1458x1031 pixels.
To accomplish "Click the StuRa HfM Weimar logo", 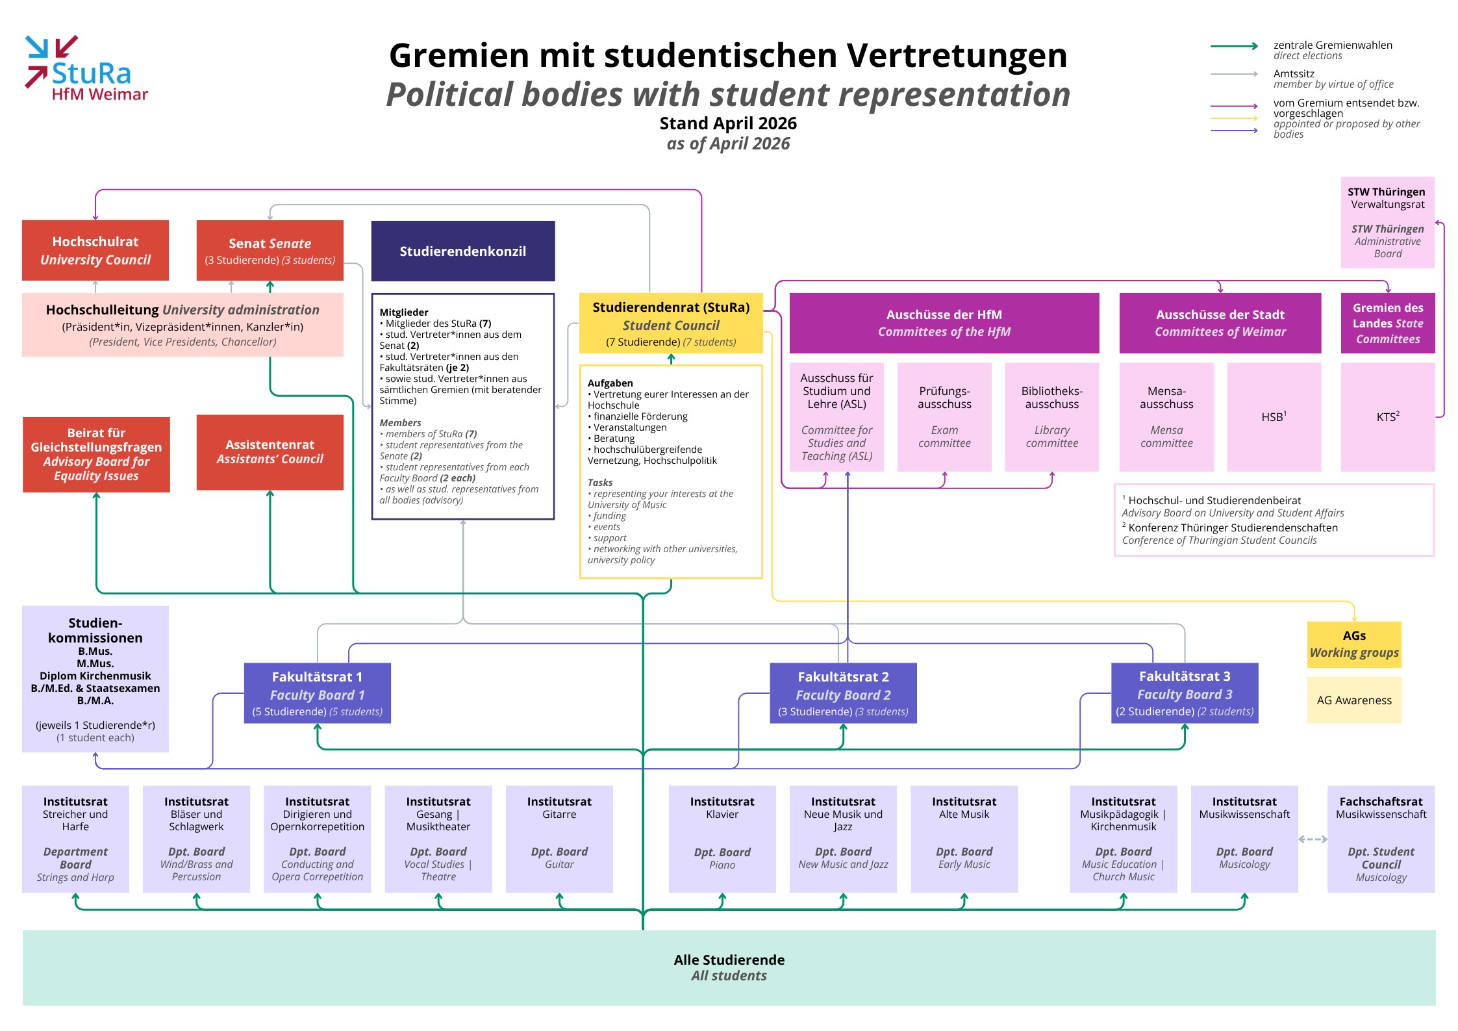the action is click(86, 69).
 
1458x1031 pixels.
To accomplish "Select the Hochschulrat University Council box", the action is click(95, 250).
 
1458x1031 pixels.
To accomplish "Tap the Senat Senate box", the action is click(270, 250).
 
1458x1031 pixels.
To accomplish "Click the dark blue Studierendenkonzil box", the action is click(463, 251).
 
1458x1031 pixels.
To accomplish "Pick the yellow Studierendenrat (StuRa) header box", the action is click(671, 324).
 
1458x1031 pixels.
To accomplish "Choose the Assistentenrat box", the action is click(270, 452).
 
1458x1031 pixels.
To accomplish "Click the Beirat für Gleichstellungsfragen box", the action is click(96, 454).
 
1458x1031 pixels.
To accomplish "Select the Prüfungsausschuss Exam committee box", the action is click(944, 417).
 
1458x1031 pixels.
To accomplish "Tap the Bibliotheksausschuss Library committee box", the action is click(1052, 417).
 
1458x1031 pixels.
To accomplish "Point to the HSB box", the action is click(1274, 417).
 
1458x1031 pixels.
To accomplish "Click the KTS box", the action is click(1388, 417).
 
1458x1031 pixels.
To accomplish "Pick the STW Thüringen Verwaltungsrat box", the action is click(1388, 222).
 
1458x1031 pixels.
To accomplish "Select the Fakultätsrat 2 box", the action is click(843, 693).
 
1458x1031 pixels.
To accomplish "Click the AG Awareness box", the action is click(1354, 700).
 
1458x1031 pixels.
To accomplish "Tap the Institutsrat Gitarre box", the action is click(559, 839).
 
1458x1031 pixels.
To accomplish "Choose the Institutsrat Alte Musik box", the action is click(964, 839).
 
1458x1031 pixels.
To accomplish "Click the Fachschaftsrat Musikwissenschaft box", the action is click(1381, 839).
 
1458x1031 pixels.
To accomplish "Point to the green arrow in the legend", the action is click(1235, 46).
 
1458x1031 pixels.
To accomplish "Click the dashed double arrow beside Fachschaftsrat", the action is click(1313, 839).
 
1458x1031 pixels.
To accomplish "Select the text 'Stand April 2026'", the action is click(728, 123).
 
